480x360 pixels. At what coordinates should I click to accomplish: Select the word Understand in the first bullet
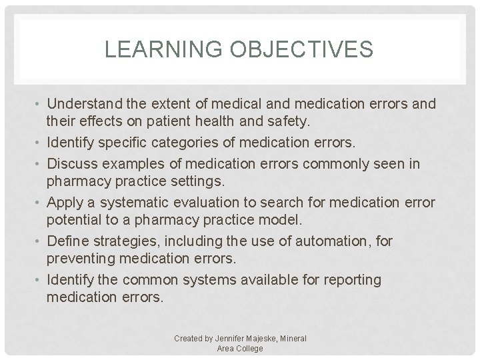point(83,105)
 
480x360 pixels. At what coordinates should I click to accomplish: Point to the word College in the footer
point(249,348)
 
